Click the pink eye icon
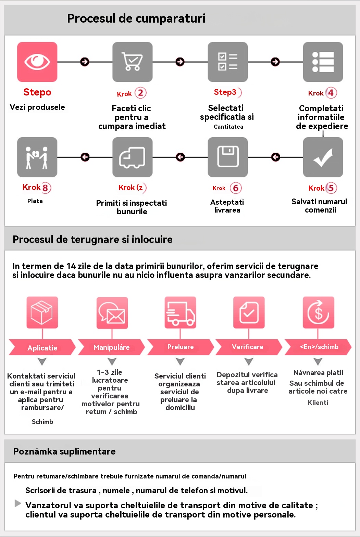(37, 62)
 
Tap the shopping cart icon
(132, 62)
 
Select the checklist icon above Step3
(228, 62)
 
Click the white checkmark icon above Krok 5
(323, 157)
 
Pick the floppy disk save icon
(228, 157)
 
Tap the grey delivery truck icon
(132, 157)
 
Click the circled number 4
(331, 93)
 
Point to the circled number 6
(236, 188)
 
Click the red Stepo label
(37, 92)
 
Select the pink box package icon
(42, 312)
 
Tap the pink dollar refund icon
(318, 312)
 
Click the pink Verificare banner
(248, 347)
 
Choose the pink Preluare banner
(181, 347)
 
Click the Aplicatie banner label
(42, 348)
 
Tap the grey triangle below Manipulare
(112, 361)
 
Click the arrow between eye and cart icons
(85, 62)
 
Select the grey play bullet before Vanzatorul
(18, 503)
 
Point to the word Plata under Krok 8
(35, 201)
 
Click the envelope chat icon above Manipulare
(112, 312)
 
